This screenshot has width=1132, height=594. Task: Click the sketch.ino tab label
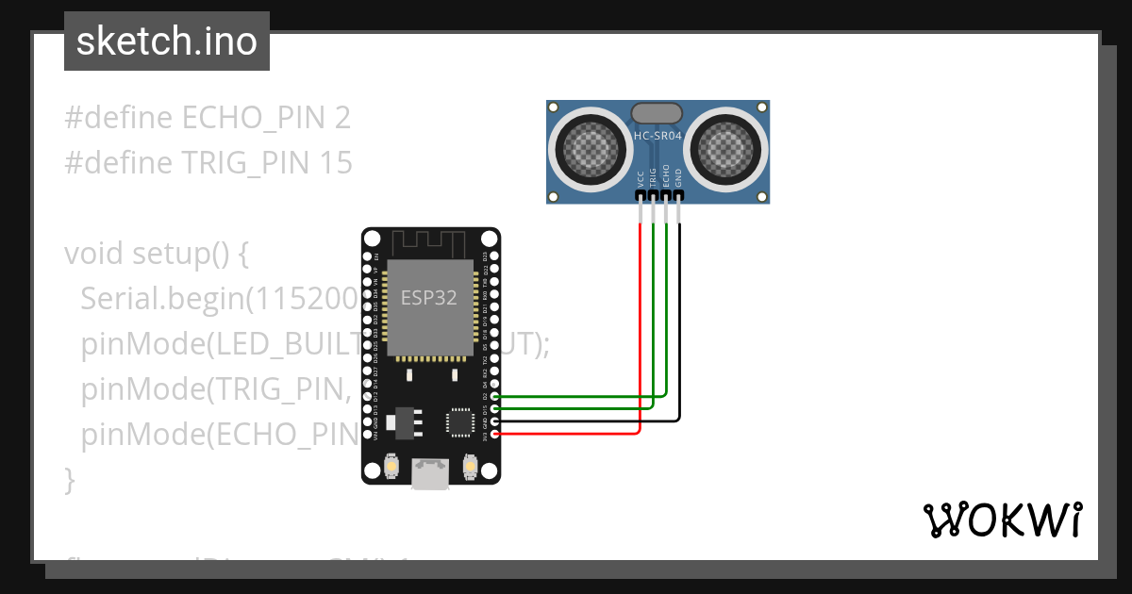pos(166,41)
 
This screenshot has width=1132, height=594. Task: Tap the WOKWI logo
pos(1002,520)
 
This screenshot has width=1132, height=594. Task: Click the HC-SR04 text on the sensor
pos(658,136)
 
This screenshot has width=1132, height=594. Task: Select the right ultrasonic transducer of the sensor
pos(726,146)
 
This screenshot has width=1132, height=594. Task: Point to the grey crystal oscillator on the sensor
pos(657,113)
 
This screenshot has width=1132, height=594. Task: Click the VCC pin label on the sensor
pos(641,179)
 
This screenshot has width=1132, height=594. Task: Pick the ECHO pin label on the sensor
pos(666,176)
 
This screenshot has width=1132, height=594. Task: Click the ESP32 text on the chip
pos(429,298)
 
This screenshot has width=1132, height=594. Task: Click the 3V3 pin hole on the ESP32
pos(496,433)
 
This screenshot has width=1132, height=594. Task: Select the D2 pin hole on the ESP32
pos(496,397)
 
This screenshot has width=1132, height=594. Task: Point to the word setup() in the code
pos(178,254)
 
